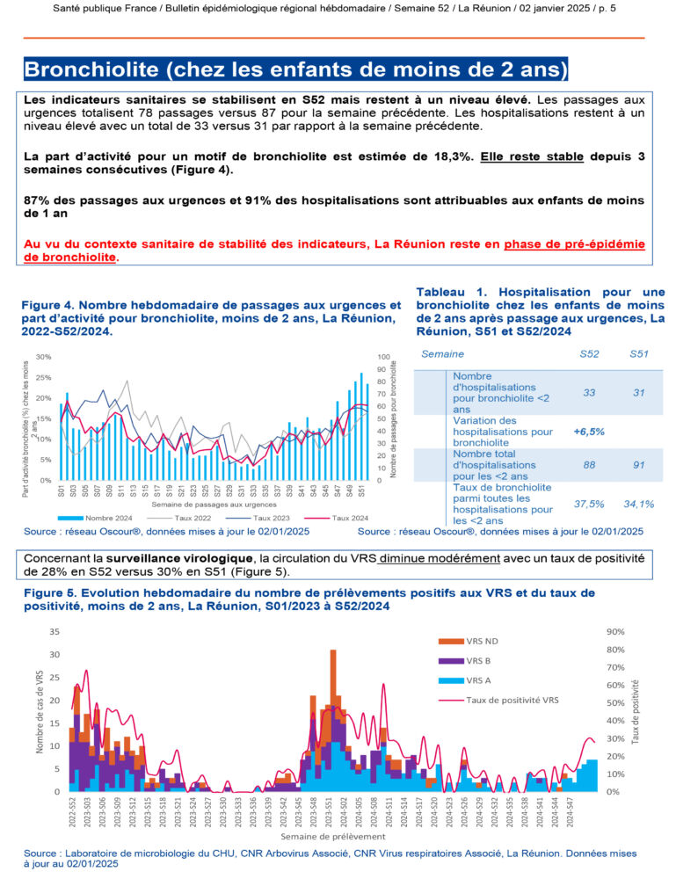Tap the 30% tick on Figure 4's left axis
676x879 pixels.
[x=43, y=357]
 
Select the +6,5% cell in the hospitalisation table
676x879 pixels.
[x=587, y=432]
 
